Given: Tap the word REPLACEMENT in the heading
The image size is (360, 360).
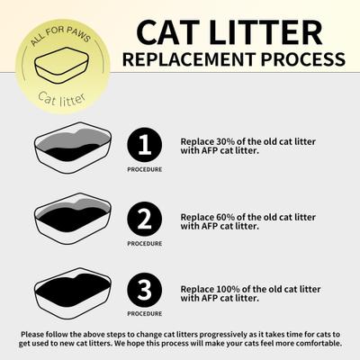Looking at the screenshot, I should (184, 60).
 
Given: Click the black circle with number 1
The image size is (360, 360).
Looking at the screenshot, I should (143, 144).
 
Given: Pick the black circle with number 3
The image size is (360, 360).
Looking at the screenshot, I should (143, 290).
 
